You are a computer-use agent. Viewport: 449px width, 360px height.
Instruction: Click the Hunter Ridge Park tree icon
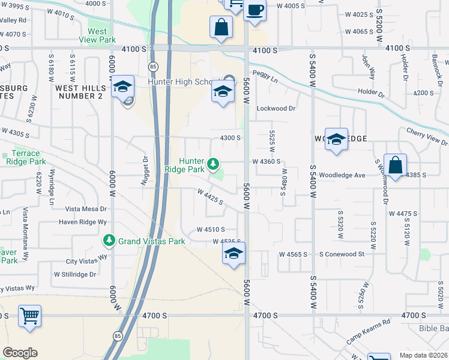click(x=212, y=163)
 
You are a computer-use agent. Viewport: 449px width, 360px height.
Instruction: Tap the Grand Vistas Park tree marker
click(x=109, y=241)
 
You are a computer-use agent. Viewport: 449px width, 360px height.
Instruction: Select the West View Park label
click(x=97, y=35)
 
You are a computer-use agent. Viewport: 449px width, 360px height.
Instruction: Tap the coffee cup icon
click(x=255, y=10)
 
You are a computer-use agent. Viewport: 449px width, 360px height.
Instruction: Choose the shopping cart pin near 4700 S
click(x=29, y=315)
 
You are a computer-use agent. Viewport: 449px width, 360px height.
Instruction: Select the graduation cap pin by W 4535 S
click(x=234, y=253)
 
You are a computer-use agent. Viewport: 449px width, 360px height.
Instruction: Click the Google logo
click(x=20, y=353)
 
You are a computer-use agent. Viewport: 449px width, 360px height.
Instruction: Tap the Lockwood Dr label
click(x=276, y=109)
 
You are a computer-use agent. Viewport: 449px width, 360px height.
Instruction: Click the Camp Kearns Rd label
click(x=368, y=331)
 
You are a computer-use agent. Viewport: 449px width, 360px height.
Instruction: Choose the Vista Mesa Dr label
click(x=86, y=209)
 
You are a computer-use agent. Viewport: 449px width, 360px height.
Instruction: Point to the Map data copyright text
click(x=424, y=355)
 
